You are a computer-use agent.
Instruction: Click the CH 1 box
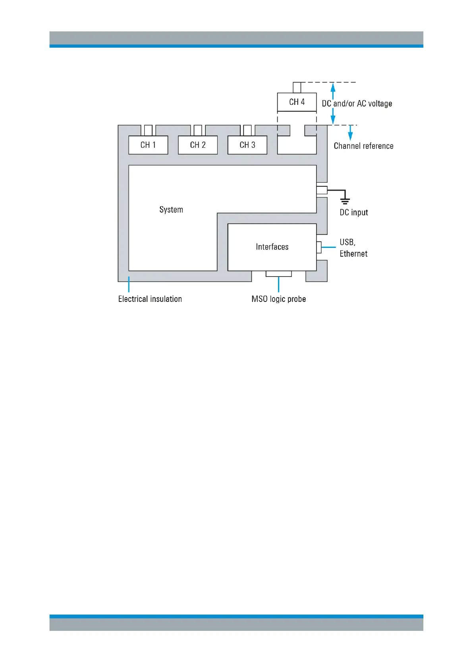[148, 145]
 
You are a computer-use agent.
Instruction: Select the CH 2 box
[198, 145]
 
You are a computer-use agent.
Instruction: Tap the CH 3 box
[247, 145]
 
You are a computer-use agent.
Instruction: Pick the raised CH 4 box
[297, 102]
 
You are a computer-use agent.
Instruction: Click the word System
[171, 210]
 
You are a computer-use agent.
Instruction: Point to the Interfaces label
[272, 247]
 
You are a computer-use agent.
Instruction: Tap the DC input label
[353, 213]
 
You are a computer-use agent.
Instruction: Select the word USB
[347, 242]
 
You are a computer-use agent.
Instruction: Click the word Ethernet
[353, 254]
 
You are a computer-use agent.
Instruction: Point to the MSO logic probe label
[278, 299]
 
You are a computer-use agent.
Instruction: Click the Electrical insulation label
[150, 299]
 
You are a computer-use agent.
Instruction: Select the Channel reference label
[363, 146]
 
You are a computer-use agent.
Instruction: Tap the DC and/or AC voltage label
[357, 104]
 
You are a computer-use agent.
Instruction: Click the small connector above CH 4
[297, 87]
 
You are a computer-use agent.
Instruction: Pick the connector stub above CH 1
[148, 130]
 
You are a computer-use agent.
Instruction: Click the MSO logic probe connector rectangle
[278, 274]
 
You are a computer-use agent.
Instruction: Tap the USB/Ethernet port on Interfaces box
[319, 247]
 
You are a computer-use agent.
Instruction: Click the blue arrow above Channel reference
[350, 132]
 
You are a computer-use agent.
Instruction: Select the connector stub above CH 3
[247, 130]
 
